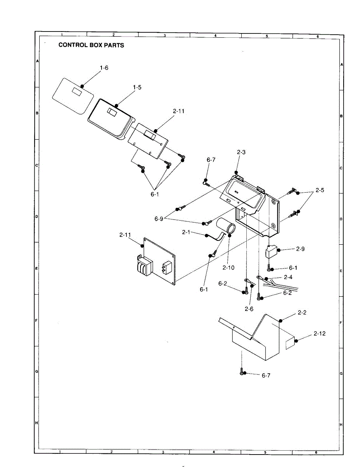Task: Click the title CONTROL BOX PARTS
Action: pos(91,45)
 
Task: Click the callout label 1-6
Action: pos(104,68)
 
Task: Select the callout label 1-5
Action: pos(137,88)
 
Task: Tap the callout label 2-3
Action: pos(241,152)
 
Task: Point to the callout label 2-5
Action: pos(320,190)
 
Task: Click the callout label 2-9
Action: pos(300,249)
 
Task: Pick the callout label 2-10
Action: pos(228,268)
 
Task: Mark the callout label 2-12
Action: pos(320,334)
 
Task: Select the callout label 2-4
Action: pos(288,277)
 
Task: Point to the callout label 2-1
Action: pos(186,232)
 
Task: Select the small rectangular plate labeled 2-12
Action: pos(290,343)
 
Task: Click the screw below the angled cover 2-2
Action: pos(242,372)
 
